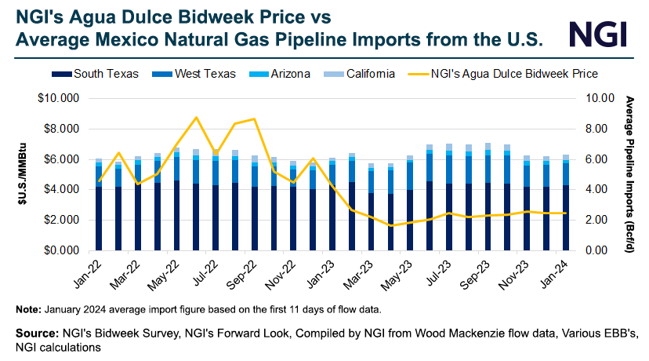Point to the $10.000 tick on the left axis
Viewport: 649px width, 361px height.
coord(61,98)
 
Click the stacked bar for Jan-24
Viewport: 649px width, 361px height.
coord(566,204)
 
